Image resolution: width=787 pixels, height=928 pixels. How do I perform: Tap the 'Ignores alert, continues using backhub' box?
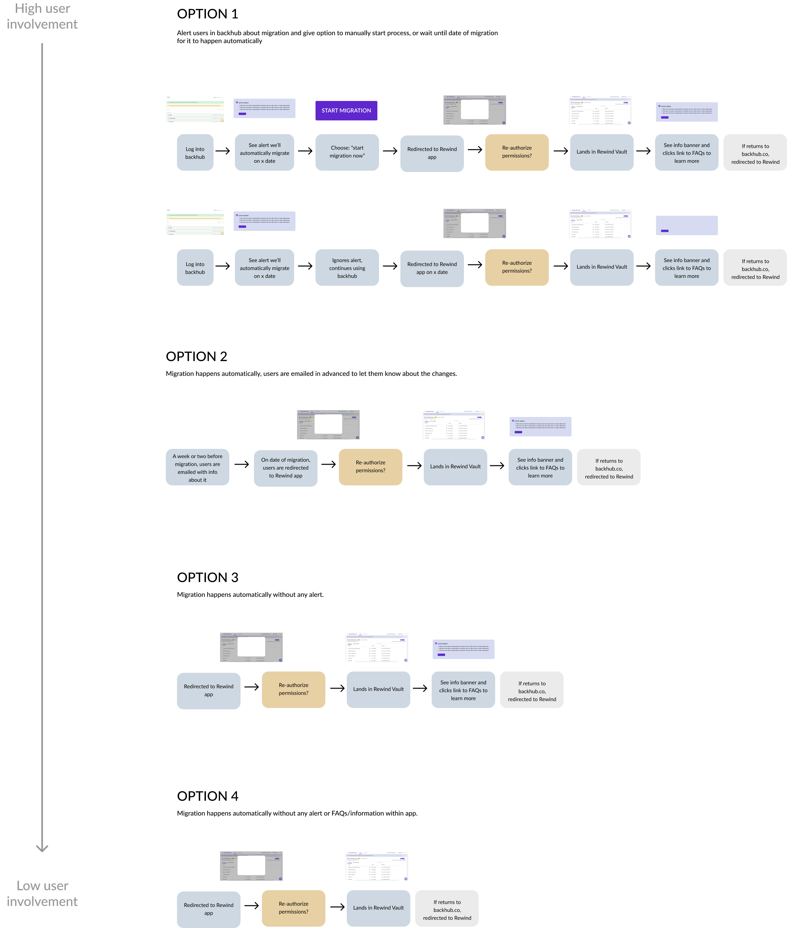[347, 268]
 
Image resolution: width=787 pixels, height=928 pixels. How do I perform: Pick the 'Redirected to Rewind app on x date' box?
[432, 268]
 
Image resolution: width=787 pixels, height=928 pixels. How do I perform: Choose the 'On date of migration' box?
[286, 468]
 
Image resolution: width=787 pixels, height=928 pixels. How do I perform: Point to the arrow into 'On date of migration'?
[244, 464]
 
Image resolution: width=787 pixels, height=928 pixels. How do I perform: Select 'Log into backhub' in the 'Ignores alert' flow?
[195, 268]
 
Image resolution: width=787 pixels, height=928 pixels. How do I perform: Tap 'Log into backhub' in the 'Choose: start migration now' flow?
[195, 153]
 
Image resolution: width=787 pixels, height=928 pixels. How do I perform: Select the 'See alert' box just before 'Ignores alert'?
[265, 268]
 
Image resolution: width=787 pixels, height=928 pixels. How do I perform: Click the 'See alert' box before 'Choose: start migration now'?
[265, 153]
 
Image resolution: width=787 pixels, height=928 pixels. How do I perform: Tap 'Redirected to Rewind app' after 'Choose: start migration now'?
[432, 153]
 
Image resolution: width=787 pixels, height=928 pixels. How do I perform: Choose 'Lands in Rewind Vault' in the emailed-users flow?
[455, 466]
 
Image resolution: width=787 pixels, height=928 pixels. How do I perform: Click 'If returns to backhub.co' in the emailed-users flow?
[609, 469]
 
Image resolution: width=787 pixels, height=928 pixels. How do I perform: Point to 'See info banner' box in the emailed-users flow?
[540, 468]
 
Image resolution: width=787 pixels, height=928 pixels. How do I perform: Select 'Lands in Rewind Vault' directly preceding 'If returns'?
[378, 908]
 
